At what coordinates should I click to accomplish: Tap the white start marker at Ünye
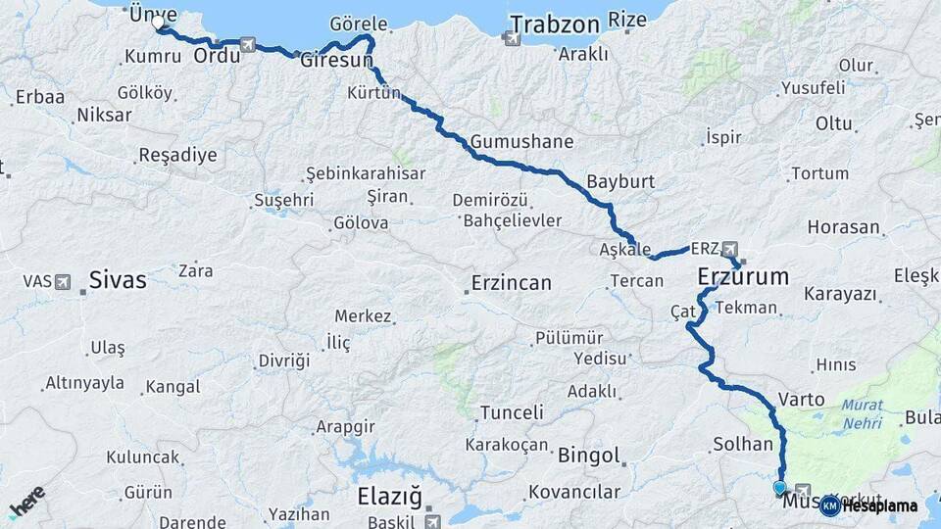tap(158, 21)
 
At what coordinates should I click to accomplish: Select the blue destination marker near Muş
tap(779, 487)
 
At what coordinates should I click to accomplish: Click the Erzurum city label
tap(743, 277)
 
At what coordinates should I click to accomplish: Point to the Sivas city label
tap(118, 280)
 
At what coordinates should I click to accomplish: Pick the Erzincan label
tap(511, 283)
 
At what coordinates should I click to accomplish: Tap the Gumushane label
tap(521, 141)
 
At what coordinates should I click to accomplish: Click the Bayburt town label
tap(620, 181)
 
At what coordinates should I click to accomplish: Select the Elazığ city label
tap(389, 496)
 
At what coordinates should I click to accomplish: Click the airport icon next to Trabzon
tap(511, 38)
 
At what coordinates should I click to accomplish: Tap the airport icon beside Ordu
tap(246, 45)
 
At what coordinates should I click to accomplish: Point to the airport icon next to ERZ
tap(729, 249)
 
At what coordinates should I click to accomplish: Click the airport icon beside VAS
tap(64, 282)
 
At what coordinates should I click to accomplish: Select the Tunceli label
tap(511, 412)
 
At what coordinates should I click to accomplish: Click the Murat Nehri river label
tap(862, 413)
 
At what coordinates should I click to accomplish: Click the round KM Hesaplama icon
tap(829, 505)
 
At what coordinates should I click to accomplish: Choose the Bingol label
tap(589, 455)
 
